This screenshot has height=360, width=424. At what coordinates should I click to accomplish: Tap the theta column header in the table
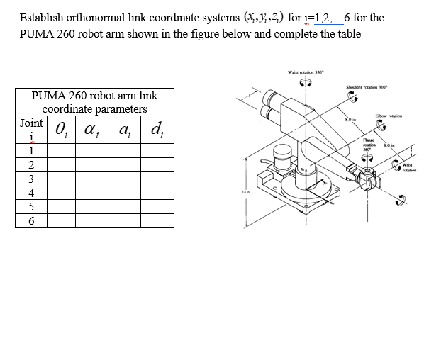tap(62, 130)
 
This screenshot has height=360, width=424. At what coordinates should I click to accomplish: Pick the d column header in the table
tap(157, 130)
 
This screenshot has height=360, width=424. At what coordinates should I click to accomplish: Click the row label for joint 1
tap(31, 150)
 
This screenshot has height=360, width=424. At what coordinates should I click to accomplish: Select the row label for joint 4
tap(31, 193)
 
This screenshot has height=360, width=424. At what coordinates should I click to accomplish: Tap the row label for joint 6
tap(31, 221)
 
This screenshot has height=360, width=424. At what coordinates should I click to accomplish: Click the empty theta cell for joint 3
tap(62, 179)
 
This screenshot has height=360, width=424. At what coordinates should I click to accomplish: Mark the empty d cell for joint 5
tap(157, 207)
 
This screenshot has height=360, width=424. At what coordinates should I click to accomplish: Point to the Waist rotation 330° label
tap(306, 72)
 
